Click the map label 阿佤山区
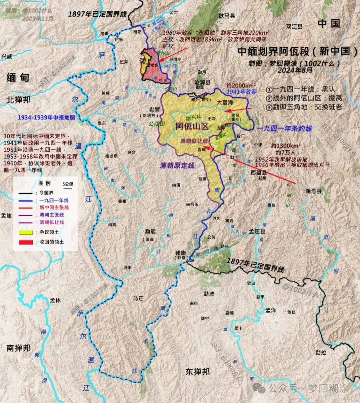coord(192,126)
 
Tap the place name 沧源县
coord(203,82)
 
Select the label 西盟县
coord(259,173)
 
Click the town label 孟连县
coord(257,231)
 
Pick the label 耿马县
coord(227,16)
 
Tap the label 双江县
coord(294,26)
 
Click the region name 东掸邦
coord(198,372)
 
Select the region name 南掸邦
coord(18,348)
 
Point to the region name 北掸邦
coord(18,100)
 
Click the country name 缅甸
coord(18,78)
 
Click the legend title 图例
coord(45,183)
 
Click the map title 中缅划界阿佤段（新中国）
coord(297,51)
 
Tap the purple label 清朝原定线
coord(177,166)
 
